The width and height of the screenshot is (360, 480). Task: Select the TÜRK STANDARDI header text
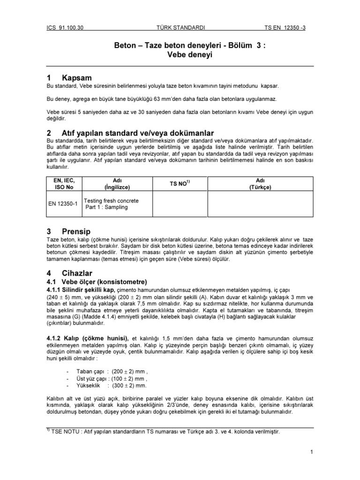(x=180, y=27)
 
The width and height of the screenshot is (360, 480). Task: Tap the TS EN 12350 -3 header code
(x=292, y=27)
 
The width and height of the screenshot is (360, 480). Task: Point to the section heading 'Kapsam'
(x=76, y=77)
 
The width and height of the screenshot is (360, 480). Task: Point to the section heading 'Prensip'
(x=76, y=232)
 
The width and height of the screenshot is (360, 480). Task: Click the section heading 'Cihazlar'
(x=77, y=272)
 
